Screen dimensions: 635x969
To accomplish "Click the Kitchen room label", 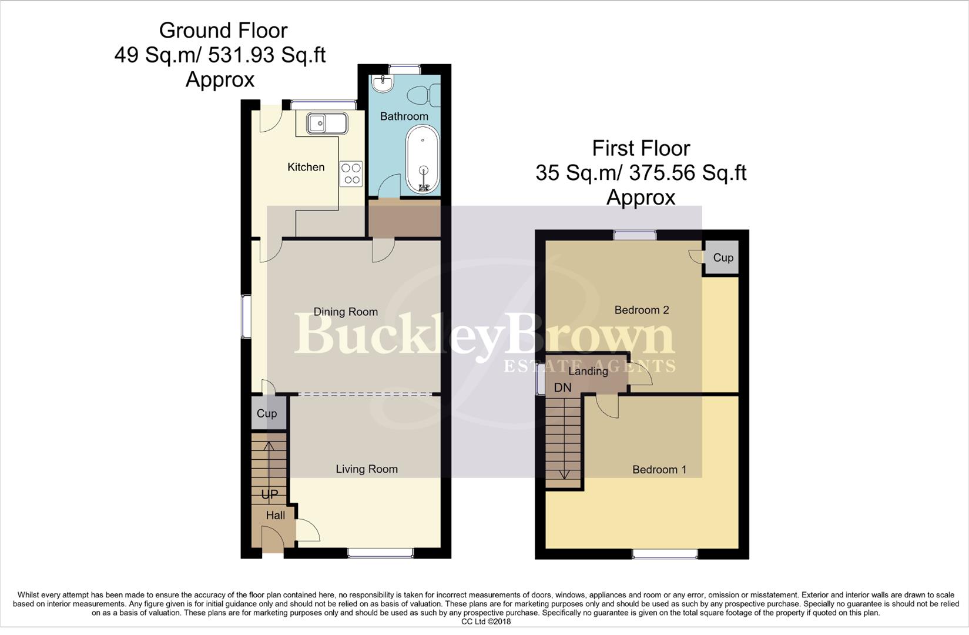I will coord(306,167).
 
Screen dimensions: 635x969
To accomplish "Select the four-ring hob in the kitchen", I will coord(351,174).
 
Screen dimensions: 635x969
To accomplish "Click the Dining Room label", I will coord(345,312).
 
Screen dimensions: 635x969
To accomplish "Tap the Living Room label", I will coord(366,469).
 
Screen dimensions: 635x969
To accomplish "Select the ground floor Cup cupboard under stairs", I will coord(267,413).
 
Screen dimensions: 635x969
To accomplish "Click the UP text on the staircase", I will coord(269,494).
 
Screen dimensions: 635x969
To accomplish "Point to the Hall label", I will coord(275,516).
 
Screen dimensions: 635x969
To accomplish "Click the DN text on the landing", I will coord(562,387).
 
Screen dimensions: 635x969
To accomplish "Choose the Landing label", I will coord(588,371).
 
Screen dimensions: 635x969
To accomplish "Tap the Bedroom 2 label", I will coord(641,310).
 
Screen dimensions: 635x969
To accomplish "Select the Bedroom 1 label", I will coord(659,469).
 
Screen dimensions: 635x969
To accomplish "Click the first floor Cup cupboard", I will coord(723,258).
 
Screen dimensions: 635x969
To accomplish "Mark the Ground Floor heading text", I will coord(223,30).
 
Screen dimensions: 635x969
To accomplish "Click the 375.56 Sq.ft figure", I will coord(687,173).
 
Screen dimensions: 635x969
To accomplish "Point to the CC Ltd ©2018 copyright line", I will coord(486,621).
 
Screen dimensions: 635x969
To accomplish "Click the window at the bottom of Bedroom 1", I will coord(665,553).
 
